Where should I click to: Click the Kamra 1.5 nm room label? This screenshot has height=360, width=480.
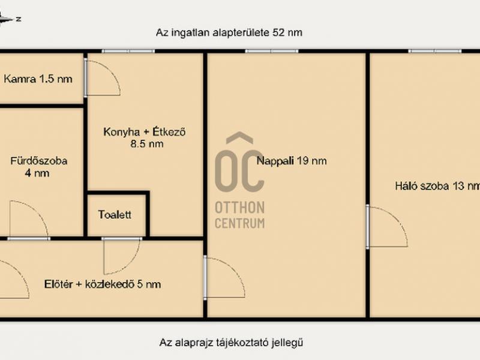tap(38, 79)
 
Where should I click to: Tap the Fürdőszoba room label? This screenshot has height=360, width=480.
tap(39, 161)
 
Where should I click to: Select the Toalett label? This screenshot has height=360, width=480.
tap(115, 215)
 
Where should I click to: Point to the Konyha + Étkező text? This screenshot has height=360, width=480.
tap(145, 132)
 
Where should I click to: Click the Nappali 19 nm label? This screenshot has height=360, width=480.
tap(292, 161)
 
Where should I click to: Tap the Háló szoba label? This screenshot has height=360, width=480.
tap(422, 186)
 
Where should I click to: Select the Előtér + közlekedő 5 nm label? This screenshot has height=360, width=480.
tap(103, 284)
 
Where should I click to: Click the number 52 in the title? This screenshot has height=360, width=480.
tap(278, 32)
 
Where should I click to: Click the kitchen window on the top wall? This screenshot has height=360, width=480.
tap(128, 51)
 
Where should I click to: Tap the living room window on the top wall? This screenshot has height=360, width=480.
tap(272, 51)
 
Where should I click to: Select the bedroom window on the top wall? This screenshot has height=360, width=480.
tap(434, 51)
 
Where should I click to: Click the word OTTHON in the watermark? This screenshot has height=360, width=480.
tap(239, 208)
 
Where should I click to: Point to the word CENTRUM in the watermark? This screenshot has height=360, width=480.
tap(239, 223)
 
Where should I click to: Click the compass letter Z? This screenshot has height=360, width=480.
tap(19, 19)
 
